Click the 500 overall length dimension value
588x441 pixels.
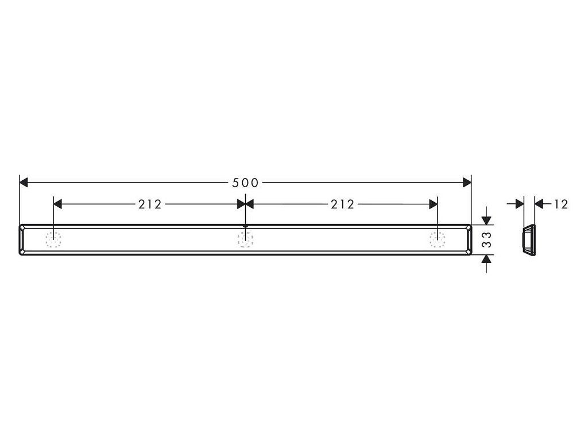245,183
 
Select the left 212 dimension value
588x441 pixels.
150,204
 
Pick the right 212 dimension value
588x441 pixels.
342,204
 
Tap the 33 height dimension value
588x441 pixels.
486,239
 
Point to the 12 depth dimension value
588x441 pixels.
561,204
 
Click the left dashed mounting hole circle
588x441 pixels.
53,239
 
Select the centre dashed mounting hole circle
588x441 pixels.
245,239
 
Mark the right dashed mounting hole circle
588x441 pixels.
437,239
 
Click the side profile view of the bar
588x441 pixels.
529,240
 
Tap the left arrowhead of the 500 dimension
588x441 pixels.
24,183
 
